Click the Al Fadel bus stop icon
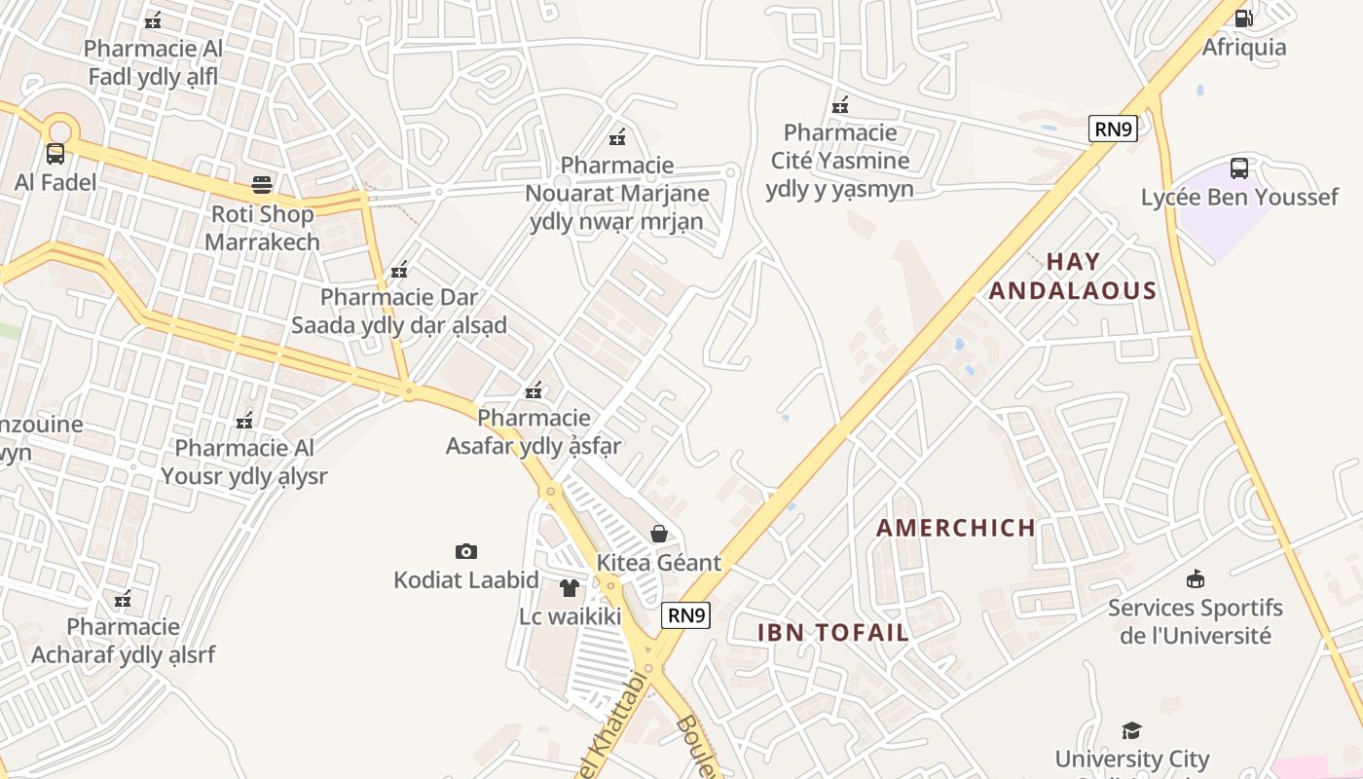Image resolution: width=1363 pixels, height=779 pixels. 55,153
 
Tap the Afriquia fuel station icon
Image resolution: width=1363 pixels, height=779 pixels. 1243,18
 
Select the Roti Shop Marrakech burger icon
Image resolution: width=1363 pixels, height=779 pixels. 262,184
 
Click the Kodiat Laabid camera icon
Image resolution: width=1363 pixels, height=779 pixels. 466,551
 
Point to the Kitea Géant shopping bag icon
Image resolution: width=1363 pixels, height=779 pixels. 659,533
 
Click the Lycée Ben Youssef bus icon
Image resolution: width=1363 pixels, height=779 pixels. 1239,167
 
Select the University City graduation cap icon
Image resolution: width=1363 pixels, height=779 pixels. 1131,730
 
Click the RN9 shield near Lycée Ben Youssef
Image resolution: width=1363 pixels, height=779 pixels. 1113,129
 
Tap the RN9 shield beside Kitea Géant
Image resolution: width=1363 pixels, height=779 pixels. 686,615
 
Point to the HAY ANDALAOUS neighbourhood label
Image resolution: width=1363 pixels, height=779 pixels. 1073,276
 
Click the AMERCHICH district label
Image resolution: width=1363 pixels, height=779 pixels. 956,528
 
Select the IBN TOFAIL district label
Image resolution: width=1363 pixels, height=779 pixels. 833,632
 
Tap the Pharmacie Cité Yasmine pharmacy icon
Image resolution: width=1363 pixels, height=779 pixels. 840,104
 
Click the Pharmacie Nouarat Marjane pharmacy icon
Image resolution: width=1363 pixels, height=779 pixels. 616,137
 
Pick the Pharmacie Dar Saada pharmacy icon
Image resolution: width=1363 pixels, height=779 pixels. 398,269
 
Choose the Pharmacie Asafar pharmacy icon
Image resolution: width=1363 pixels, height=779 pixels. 534,390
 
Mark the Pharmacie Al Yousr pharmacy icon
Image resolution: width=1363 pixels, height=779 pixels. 244,421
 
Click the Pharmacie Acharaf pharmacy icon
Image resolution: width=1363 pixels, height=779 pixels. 123,599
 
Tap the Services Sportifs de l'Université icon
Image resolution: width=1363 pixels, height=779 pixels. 1196,579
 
